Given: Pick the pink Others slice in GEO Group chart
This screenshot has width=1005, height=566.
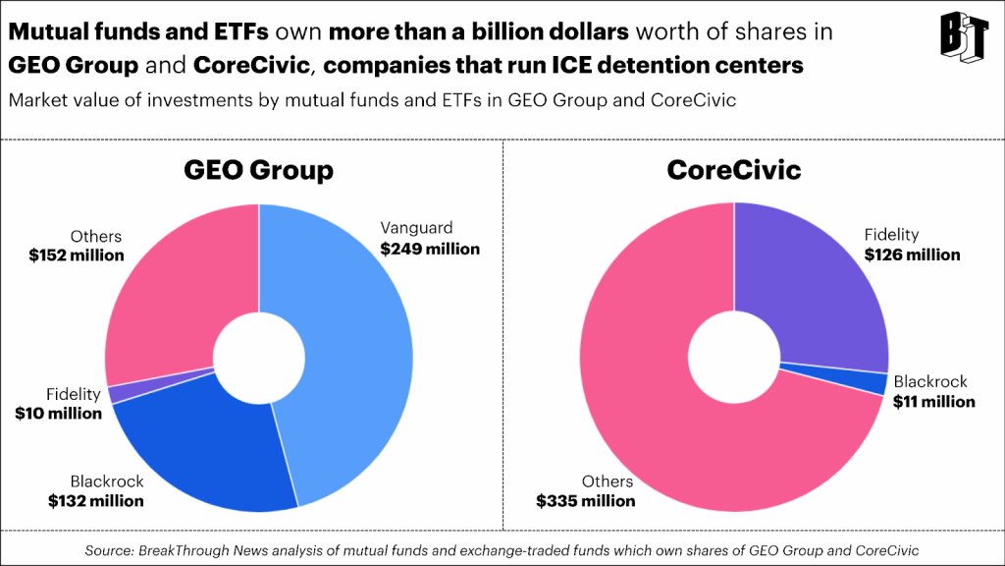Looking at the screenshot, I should (x=177, y=285).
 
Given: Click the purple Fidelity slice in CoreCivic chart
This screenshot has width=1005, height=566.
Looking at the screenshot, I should (x=815, y=285).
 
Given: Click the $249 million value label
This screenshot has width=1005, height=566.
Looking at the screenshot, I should (x=430, y=249).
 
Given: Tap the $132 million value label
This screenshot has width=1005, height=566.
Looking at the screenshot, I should (x=95, y=500).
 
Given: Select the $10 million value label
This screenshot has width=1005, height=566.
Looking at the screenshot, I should (x=58, y=413).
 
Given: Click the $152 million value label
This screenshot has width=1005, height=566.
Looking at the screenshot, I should (x=77, y=255).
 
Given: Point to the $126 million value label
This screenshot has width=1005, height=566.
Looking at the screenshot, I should (x=912, y=255).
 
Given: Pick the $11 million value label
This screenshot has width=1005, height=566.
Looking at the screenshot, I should (x=933, y=401).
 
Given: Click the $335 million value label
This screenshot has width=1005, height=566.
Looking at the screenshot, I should (x=585, y=500).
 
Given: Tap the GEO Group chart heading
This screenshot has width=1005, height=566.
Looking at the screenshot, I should (x=258, y=170).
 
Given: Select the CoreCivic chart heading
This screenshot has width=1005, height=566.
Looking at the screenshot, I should (x=733, y=170).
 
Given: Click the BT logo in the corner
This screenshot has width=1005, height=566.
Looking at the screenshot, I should (x=963, y=35).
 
